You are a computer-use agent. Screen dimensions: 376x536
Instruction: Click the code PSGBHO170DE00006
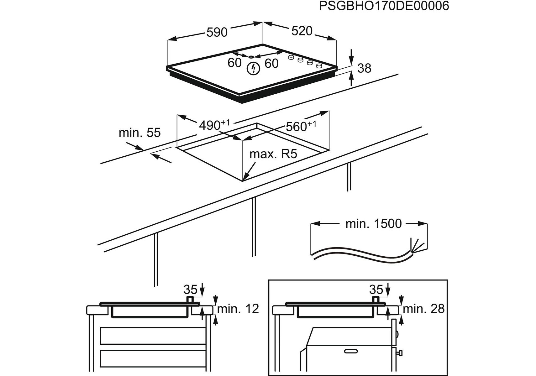(x=384, y=6)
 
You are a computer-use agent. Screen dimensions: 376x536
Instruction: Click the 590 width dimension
(x=217, y=32)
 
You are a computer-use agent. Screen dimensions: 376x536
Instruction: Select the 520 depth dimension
(x=302, y=31)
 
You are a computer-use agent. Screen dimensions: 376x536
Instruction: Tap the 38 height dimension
(x=364, y=68)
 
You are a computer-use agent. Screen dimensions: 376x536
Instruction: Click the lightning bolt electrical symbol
(x=253, y=69)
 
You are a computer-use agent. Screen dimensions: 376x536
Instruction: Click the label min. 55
(x=139, y=133)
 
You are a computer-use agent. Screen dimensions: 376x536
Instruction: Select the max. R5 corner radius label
(x=273, y=154)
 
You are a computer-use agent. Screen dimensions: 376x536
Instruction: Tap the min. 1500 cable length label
(x=373, y=224)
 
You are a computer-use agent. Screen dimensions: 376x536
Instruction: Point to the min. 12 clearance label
(x=238, y=309)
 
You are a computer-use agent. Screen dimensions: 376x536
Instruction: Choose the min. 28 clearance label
(x=423, y=309)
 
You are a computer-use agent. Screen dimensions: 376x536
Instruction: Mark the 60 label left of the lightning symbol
(x=234, y=63)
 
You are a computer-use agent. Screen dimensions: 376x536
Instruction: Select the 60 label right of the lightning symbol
(x=271, y=64)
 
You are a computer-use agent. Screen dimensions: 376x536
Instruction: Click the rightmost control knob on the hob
(x=319, y=66)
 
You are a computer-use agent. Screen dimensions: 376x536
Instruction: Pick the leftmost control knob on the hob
(x=291, y=57)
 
